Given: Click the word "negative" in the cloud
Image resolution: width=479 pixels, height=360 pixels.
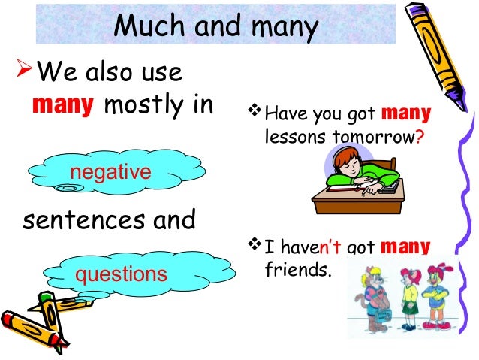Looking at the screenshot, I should (x=110, y=173).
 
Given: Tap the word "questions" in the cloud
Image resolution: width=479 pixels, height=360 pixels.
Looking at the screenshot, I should (x=120, y=274).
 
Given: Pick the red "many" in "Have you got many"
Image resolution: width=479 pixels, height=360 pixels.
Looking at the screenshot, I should (x=406, y=115).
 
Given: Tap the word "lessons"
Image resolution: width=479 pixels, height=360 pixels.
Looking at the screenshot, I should (x=290, y=138).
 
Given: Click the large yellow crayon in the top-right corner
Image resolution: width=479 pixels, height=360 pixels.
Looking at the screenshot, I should (x=439, y=53).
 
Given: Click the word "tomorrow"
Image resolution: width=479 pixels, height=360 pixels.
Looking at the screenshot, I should (x=367, y=138).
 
